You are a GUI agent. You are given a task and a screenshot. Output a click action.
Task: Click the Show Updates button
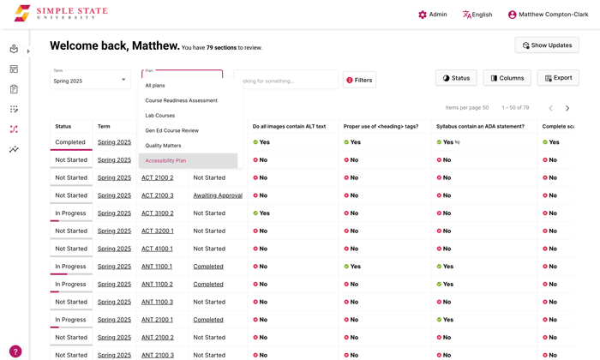(547, 45)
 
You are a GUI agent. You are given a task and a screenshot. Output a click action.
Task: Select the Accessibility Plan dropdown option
(166, 160)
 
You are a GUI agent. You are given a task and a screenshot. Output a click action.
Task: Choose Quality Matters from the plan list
(164, 146)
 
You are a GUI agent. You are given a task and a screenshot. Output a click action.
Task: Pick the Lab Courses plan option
(160, 116)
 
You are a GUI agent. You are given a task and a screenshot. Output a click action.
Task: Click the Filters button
(359, 80)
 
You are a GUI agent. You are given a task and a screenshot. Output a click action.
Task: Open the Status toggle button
(456, 78)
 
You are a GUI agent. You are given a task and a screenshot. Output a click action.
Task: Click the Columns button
(507, 78)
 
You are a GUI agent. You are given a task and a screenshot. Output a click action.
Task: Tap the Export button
(558, 78)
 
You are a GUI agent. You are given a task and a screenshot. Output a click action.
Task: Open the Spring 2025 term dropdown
(90, 80)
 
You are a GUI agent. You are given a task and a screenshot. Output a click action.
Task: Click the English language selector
(477, 15)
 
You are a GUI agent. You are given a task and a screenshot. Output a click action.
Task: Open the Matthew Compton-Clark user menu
(548, 15)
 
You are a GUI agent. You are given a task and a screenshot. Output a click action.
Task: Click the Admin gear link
(432, 15)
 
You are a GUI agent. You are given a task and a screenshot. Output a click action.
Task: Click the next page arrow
(567, 108)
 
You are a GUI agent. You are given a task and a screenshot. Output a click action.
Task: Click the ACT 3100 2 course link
(158, 213)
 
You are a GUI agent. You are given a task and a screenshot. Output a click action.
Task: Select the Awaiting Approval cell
(218, 195)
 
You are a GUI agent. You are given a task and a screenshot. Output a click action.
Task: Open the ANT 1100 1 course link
(157, 267)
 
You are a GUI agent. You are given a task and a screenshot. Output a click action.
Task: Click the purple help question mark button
(15, 351)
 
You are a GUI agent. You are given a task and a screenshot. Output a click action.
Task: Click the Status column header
(63, 126)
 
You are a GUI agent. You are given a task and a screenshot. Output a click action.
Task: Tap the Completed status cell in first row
(70, 142)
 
